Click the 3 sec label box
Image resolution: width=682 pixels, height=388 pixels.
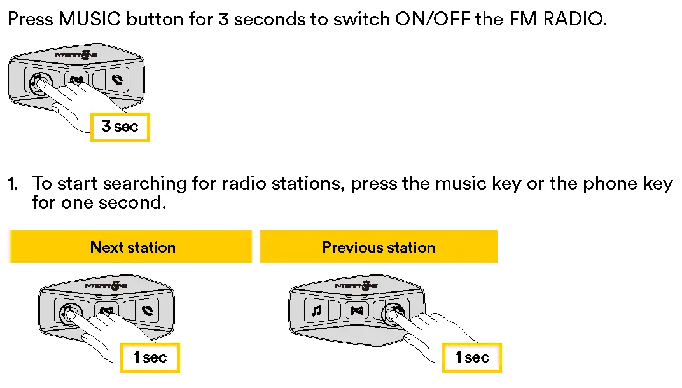point(120,127)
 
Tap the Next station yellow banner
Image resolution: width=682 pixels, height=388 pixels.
point(132,247)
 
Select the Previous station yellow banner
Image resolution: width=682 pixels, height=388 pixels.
point(379,247)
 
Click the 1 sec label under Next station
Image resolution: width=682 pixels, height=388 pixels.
point(150,357)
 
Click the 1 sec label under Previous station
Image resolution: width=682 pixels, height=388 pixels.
point(472,357)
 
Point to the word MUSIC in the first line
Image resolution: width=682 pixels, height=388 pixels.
point(90,18)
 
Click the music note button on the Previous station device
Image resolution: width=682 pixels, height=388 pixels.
point(316,311)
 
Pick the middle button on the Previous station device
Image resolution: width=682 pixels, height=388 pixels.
point(356,311)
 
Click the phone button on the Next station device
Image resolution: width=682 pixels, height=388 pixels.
point(147,312)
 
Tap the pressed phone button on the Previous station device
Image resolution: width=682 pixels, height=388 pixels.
point(394,310)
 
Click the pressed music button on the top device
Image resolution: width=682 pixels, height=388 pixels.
point(39,81)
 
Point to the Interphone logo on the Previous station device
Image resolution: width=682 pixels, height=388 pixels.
point(357,286)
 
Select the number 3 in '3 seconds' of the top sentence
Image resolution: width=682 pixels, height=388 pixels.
point(223,18)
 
